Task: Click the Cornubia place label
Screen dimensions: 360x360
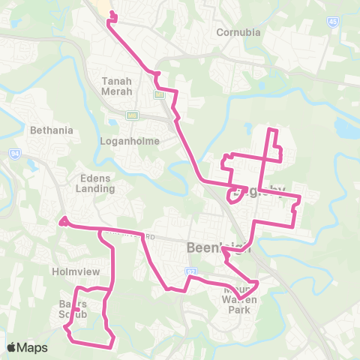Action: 238,32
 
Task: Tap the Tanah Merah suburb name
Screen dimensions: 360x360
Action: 116,85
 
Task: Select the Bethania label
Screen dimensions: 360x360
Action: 52,130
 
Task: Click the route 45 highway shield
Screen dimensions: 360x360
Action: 332,22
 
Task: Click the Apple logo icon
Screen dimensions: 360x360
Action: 12,347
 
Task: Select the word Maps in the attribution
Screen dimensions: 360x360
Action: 34,347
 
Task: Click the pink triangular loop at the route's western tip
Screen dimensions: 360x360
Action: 64,221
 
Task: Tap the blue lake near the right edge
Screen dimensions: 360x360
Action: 346,129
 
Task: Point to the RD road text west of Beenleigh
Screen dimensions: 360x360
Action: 150,237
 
